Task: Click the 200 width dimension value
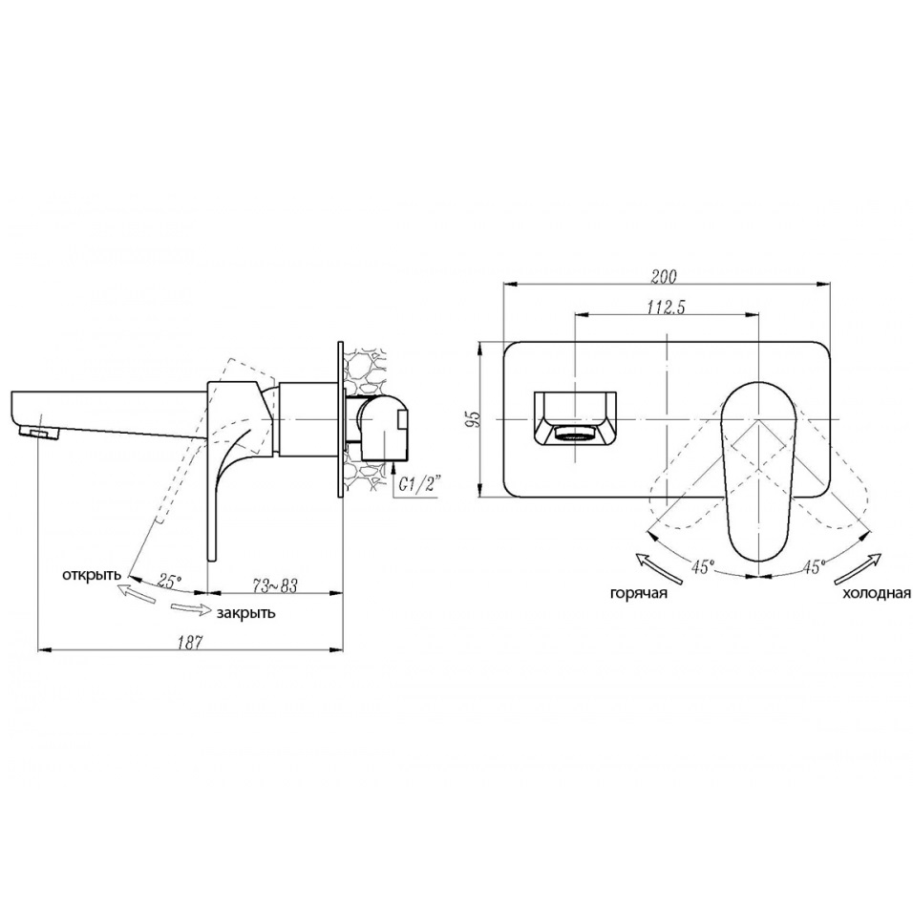click(664, 277)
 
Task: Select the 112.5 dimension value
click(666, 307)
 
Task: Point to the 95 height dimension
click(476, 418)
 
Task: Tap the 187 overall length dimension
click(190, 642)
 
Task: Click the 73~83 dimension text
click(274, 585)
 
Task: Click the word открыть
click(92, 575)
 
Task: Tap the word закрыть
click(245, 613)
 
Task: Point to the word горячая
click(639, 593)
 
